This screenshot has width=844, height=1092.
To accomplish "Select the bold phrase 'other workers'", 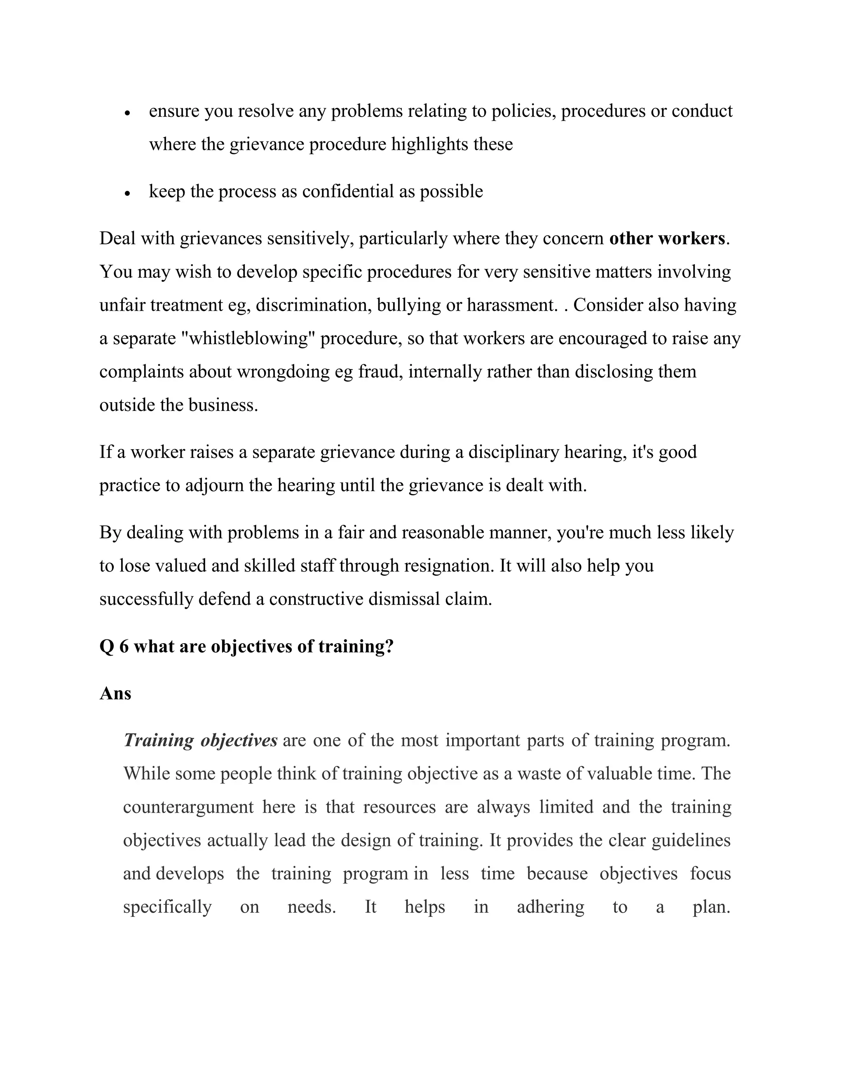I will click(667, 239).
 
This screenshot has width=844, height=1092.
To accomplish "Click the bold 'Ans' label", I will click(115, 694).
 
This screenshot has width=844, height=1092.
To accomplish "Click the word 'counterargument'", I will click(188, 807).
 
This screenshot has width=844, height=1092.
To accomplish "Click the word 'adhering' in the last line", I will click(550, 907).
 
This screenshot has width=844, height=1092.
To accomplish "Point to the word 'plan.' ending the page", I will click(711, 907).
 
